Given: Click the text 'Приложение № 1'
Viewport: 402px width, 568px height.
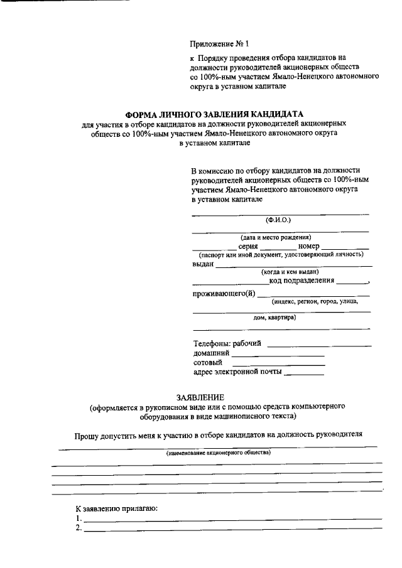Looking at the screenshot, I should point(220,44).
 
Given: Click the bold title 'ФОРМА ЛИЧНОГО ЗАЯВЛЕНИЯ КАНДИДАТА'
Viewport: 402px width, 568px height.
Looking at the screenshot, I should point(214,115).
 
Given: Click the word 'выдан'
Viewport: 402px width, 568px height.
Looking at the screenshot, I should point(203,264).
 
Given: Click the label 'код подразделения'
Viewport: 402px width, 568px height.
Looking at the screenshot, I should point(302,281).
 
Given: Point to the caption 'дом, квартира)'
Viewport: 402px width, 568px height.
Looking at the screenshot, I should point(275,318).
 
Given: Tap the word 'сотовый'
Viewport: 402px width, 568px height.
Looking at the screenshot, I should point(208,363).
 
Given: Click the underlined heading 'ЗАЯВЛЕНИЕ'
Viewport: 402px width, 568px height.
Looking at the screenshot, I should point(200,397).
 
